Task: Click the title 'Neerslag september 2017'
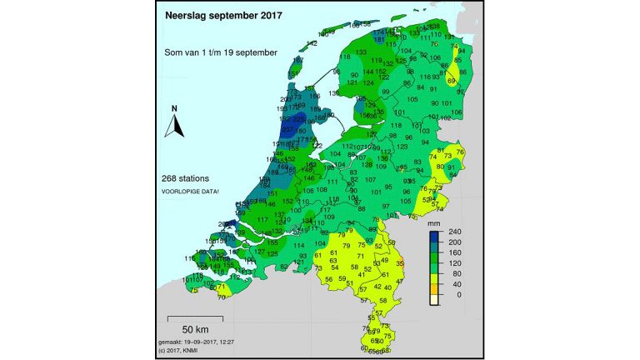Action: [x=222, y=15]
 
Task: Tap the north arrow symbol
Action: [x=174, y=123]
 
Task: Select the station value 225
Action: [x=298, y=119]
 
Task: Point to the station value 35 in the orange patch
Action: [x=399, y=263]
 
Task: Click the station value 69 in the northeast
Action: [x=451, y=81]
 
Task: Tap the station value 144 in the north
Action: [x=368, y=72]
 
